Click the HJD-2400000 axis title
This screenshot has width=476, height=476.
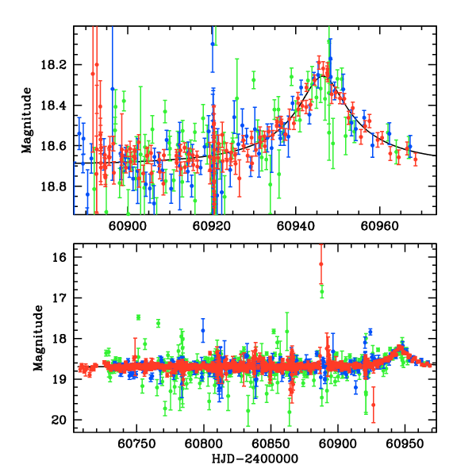255,459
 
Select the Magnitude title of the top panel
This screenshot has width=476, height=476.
28,120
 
